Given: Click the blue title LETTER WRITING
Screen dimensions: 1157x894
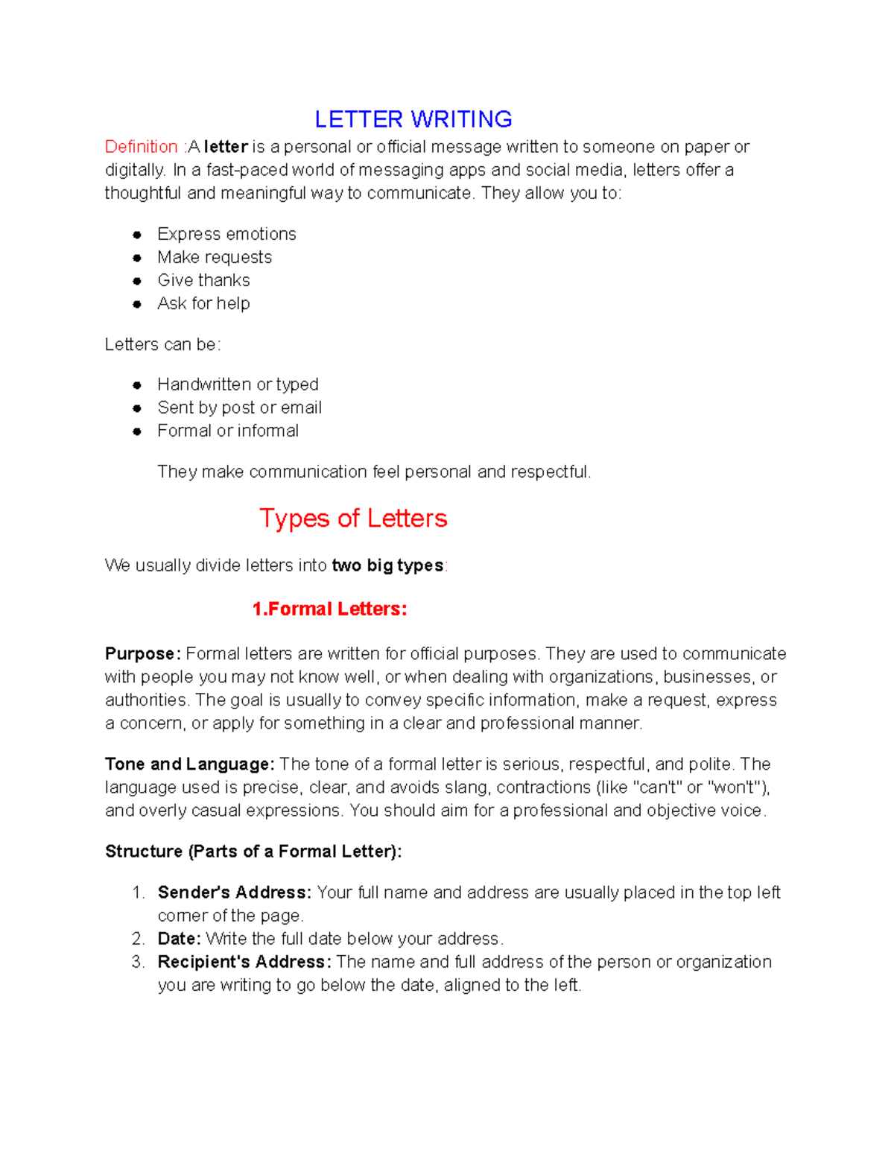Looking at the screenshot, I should click(x=413, y=119).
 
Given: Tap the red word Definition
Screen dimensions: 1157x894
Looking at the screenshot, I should click(x=141, y=147).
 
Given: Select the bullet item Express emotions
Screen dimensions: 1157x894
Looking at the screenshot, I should click(x=226, y=234).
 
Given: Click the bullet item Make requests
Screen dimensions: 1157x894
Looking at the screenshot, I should click(x=215, y=257).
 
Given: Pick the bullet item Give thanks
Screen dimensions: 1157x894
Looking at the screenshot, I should click(x=203, y=280).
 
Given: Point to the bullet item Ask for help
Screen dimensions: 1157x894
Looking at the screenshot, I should click(x=203, y=303).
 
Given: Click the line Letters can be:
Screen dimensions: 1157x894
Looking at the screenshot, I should click(x=162, y=344).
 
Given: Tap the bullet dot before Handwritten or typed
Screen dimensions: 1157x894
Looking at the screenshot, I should click(x=137, y=385).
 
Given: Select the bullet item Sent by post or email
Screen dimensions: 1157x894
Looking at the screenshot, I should click(x=239, y=408).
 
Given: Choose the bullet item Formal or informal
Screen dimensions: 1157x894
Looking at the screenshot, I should click(x=228, y=431).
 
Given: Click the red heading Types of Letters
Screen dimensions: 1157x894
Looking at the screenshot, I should click(x=353, y=518).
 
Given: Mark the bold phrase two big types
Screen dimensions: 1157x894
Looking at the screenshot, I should click(x=387, y=565).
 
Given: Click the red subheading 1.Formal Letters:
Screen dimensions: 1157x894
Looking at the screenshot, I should click(x=329, y=609).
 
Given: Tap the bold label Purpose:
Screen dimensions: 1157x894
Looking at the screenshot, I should click(x=142, y=653).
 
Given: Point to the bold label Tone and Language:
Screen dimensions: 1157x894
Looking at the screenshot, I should click(x=190, y=764).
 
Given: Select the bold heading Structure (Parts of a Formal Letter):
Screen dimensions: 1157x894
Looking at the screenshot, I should click(x=253, y=851).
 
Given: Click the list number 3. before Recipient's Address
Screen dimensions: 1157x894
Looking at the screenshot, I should click(x=138, y=962).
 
